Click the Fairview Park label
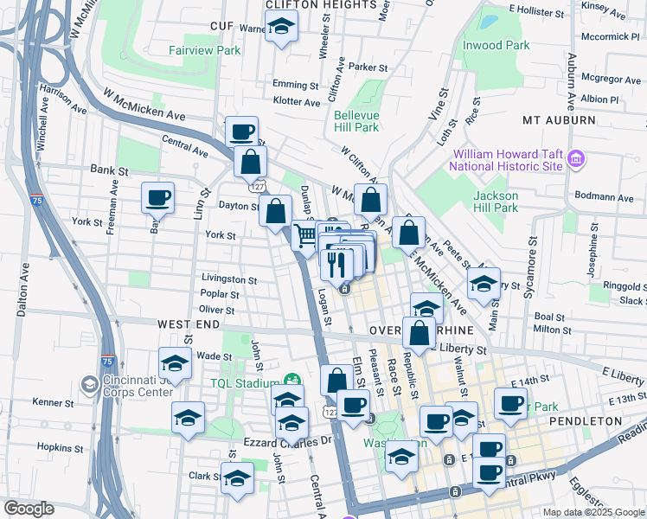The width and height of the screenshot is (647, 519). (204, 50)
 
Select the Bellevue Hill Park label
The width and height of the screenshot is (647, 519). (356, 120)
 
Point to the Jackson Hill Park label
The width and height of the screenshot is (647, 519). (495, 202)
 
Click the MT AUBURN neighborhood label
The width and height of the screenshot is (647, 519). (559, 119)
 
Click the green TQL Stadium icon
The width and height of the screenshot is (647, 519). (293, 380)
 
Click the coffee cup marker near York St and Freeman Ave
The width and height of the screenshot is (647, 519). (158, 198)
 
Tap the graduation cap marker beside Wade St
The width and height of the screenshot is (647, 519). (175, 363)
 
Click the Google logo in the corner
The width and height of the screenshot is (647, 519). (29, 509)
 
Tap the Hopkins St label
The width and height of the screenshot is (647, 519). (59, 448)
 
